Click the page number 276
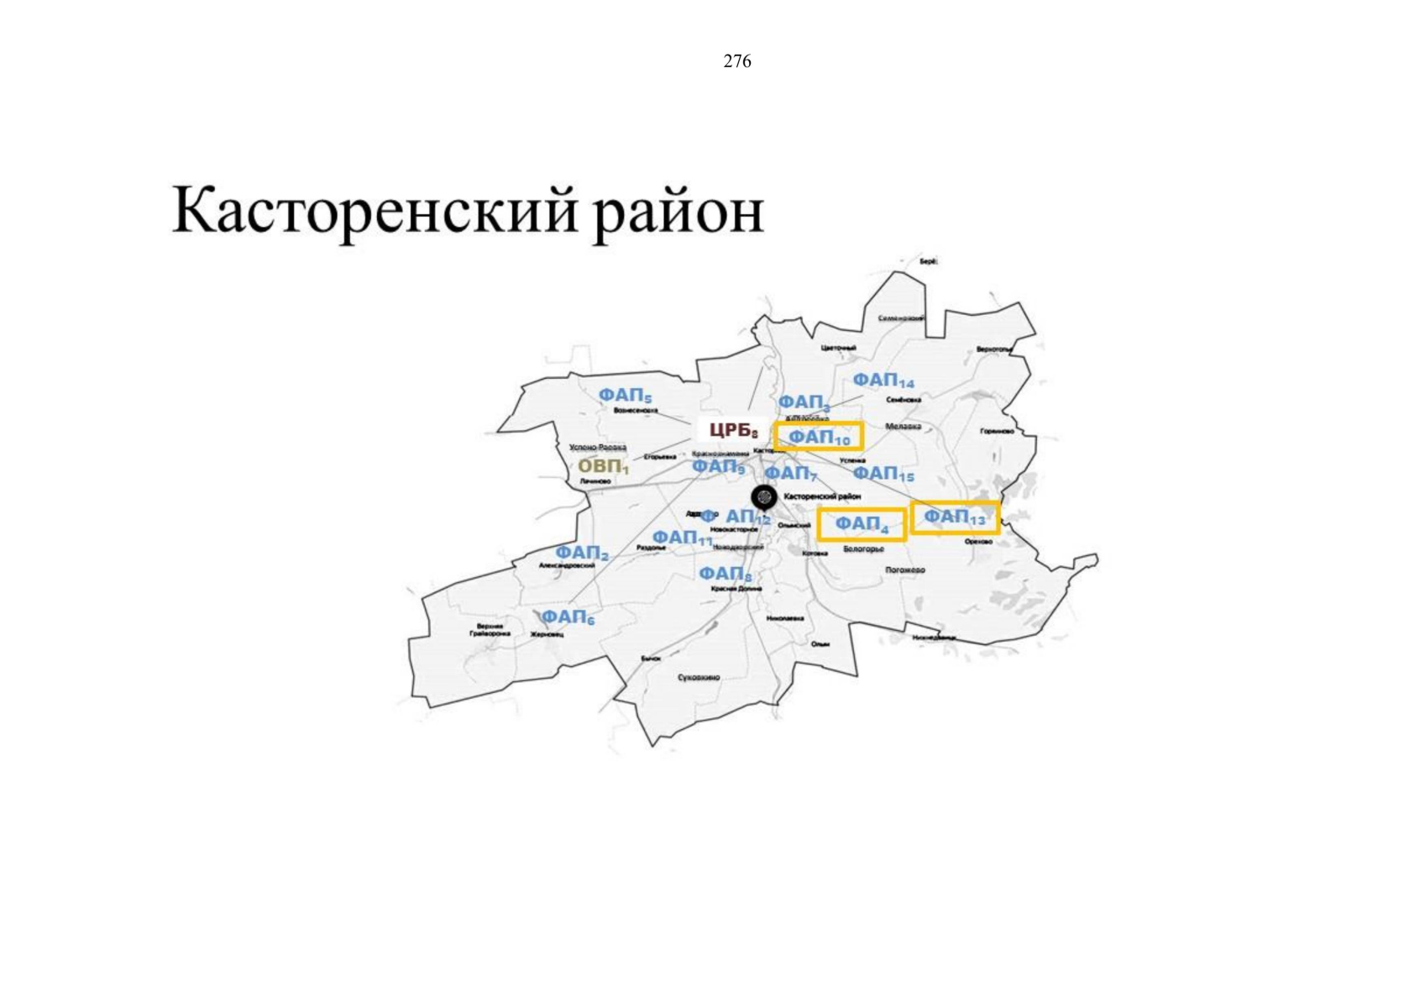pyautogui.click(x=736, y=61)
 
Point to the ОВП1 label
pyautogui.click(x=603, y=467)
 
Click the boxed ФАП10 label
pyautogui.click(x=819, y=437)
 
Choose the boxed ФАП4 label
pyautogui.click(x=862, y=524)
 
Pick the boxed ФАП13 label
pyautogui.click(x=955, y=517)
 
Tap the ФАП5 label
pyautogui.click(x=625, y=395)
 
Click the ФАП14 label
pyautogui.click(x=883, y=381)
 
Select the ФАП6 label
pyautogui.click(x=567, y=617)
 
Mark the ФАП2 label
pyautogui.click(x=582, y=553)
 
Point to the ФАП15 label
pyautogui.click(x=883, y=475)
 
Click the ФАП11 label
pyautogui.click(x=682, y=538)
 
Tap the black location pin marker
pyautogui.click(x=763, y=496)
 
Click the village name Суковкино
pyautogui.click(x=699, y=677)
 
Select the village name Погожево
pyautogui.click(x=904, y=570)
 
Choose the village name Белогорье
pyautogui.click(x=863, y=549)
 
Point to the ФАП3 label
pyautogui.click(x=804, y=403)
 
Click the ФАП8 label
pyautogui.click(x=726, y=574)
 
